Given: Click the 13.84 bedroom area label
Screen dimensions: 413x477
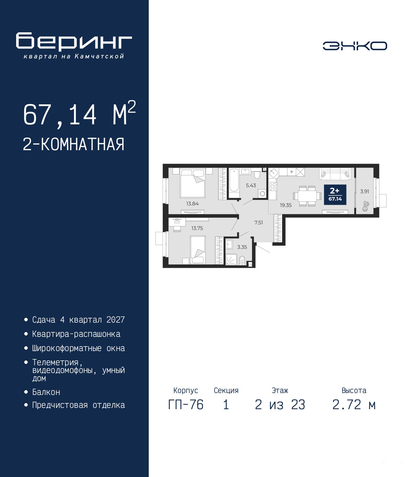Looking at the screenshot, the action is pos(192,203).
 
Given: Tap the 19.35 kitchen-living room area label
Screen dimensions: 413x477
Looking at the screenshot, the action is pos(286,205).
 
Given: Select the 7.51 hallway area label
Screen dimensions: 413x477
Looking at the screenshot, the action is pos(258,223).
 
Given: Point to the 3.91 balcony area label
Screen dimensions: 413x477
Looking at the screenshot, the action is pos(365,191).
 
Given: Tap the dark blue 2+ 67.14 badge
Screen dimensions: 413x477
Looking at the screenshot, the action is pos(335,194).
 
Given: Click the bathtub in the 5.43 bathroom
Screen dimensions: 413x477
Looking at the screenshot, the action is pos(234,183).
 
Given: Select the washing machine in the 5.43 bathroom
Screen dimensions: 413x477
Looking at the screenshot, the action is pos(262,194).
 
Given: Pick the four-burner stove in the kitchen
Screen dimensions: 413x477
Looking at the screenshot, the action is pos(273,187).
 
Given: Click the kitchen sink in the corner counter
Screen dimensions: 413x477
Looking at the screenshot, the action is pos(274,173).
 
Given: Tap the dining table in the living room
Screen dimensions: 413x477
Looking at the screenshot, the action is pos(307,196).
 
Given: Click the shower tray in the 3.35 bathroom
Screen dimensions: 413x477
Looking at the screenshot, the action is pos(231,259).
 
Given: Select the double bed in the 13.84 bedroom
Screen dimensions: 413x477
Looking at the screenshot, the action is pos(193,183).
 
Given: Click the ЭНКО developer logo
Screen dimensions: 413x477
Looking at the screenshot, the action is pos(355,46).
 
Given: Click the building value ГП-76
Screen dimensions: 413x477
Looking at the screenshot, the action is pos(186,405).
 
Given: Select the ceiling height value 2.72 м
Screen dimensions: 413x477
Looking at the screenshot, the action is pos(354,405).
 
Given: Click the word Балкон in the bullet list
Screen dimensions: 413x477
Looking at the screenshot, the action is pos(46,392).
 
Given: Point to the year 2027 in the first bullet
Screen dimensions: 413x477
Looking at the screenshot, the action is pos(116,320).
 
